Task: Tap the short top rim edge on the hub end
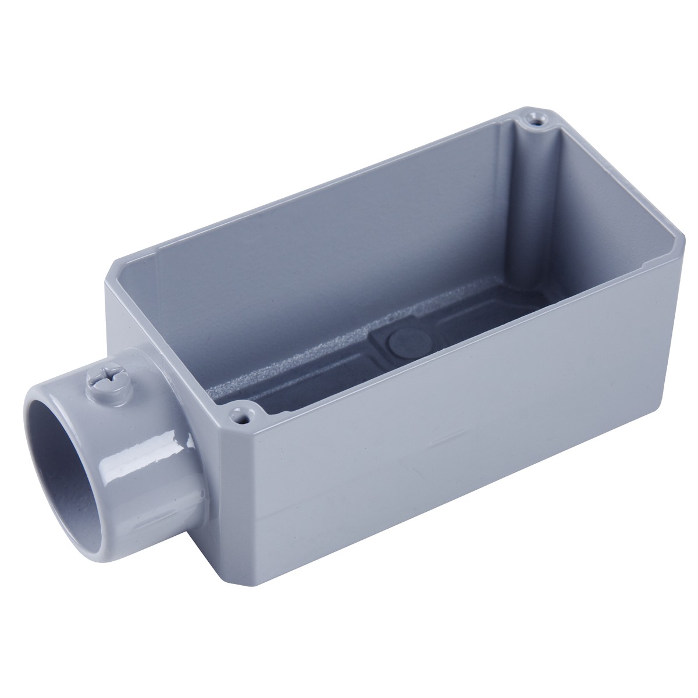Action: point(169,343)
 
